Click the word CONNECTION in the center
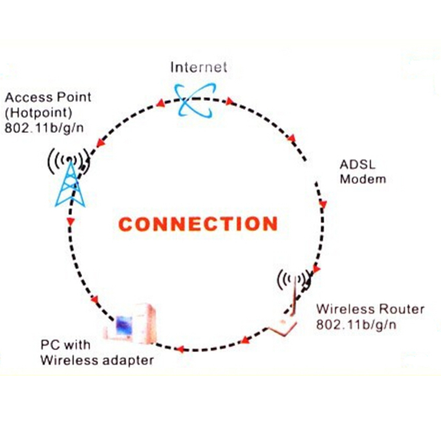(x=198, y=224)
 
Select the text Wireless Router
(x=370, y=309)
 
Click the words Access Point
(x=48, y=98)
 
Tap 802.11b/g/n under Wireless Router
(x=356, y=324)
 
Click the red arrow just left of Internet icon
(x=160, y=103)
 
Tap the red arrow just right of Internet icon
(x=229, y=102)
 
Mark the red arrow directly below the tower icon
(x=70, y=222)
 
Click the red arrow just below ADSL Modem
(x=322, y=203)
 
